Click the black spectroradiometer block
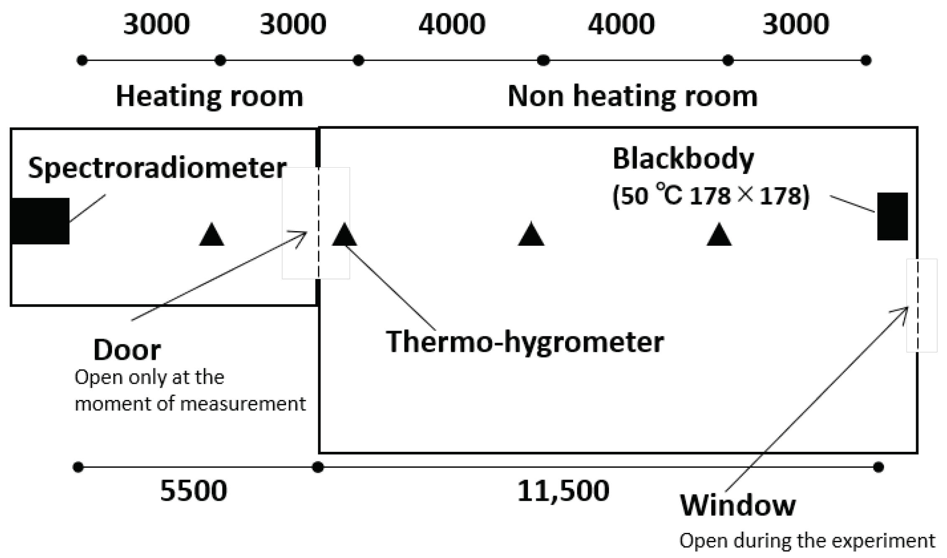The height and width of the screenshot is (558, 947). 40,221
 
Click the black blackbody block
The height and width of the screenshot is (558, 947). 892,216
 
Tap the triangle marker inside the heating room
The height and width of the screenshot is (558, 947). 212,235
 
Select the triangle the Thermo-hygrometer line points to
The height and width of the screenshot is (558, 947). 344,235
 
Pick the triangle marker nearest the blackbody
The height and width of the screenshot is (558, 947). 719,235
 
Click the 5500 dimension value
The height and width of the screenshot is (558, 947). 193,490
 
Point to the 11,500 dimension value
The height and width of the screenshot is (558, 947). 563,490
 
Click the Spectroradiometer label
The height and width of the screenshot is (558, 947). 157,168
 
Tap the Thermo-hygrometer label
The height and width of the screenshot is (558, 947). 525,342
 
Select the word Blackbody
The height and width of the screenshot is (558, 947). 683,159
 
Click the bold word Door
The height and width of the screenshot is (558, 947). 127,349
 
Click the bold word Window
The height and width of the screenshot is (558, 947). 738,505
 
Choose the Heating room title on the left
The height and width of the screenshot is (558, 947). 209,96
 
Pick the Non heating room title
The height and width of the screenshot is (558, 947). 632,96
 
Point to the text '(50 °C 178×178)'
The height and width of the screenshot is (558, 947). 711,195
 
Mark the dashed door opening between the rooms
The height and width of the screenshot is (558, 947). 318,223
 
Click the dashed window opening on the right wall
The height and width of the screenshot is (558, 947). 918,305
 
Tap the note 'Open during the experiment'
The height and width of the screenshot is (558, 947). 807,541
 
